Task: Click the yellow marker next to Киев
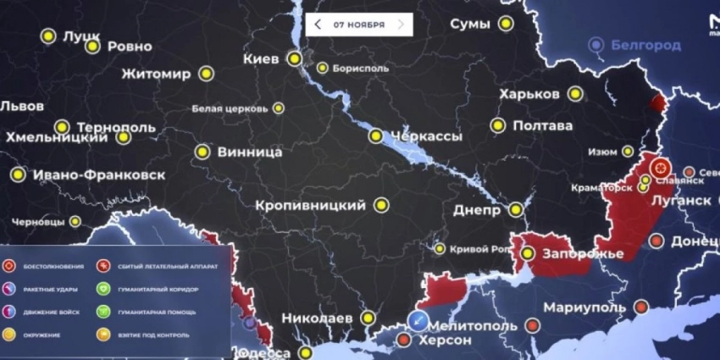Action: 294,58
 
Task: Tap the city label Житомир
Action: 156,74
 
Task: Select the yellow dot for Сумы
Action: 505,25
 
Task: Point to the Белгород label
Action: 645,45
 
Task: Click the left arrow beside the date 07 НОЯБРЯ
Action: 318,25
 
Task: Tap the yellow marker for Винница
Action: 202,152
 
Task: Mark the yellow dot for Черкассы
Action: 376,136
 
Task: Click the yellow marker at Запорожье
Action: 527,253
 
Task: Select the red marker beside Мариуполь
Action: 640,306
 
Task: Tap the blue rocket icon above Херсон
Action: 418,319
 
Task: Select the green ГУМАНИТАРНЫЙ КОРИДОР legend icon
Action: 103,290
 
